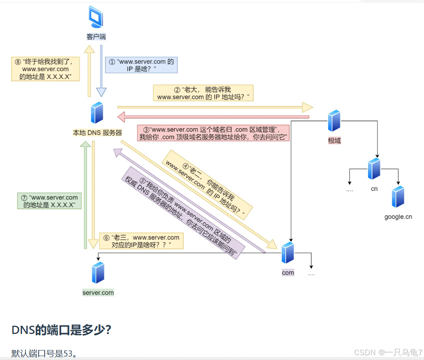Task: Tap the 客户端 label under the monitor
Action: pyautogui.click(x=96, y=37)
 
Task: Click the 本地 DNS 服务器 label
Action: pyautogui.click(x=97, y=133)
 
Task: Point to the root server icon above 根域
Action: pyautogui.click(x=334, y=121)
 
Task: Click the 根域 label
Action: pyautogui.click(x=334, y=141)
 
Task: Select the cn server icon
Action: pyautogui.click(x=374, y=169)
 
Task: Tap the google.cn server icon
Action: pyautogui.click(x=398, y=196)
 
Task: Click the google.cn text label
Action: pyautogui.click(x=398, y=216)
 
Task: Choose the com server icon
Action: pyautogui.click(x=288, y=253)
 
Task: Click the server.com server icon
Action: pyautogui.click(x=98, y=272)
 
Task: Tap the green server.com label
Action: pyautogui.click(x=98, y=293)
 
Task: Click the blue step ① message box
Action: pyautogui.click(x=142, y=65)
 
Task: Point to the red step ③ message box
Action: pyautogui.click(x=213, y=133)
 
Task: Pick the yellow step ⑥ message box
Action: pyautogui.click(x=141, y=241)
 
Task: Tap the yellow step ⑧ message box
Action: pyautogui.click(x=45, y=69)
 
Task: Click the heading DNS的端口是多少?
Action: pyautogui.click(x=61, y=330)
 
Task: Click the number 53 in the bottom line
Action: pyautogui.click(x=68, y=353)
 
